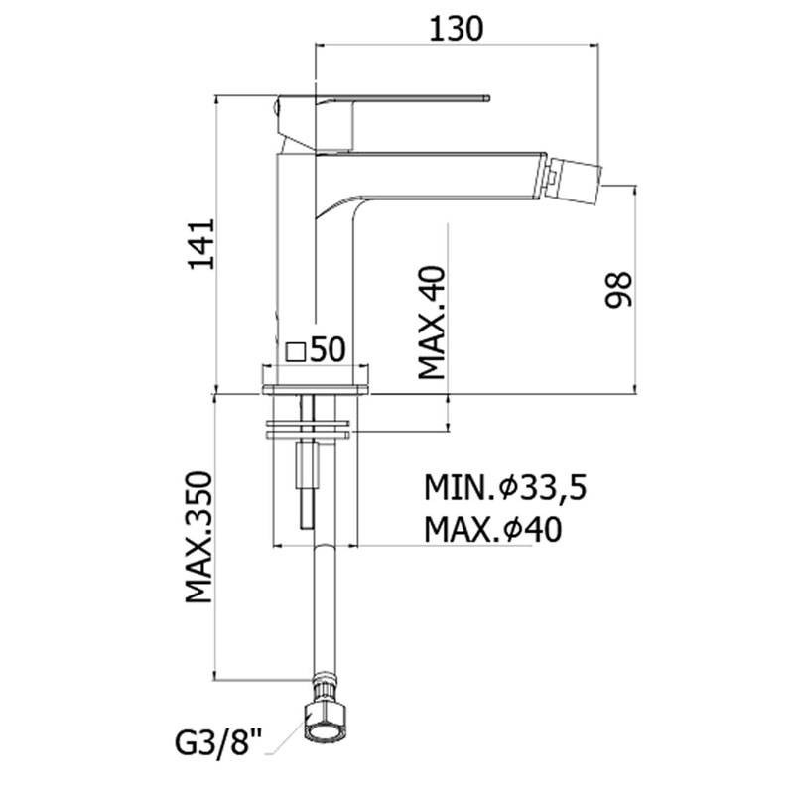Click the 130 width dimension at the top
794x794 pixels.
pos(457,29)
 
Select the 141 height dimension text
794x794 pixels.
pos(201,244)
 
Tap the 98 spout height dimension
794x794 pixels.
pos(618,290)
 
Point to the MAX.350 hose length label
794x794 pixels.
pos(198,538)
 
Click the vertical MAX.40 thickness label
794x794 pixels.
pos(432,324)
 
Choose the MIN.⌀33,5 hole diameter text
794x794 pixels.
pos(505,488)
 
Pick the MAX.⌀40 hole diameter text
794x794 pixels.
pos(492,530)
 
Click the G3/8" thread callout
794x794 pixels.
pos(219,743)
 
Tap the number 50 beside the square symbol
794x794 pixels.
pos(328,349)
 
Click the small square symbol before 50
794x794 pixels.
pos(295,352)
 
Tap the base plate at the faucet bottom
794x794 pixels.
pos(316,390)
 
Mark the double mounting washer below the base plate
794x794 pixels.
pos(309,430)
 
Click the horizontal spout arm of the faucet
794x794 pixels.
pos(431,176)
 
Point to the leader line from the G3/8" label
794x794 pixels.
pos(286,738)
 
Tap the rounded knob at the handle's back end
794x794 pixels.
pos(276,107)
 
